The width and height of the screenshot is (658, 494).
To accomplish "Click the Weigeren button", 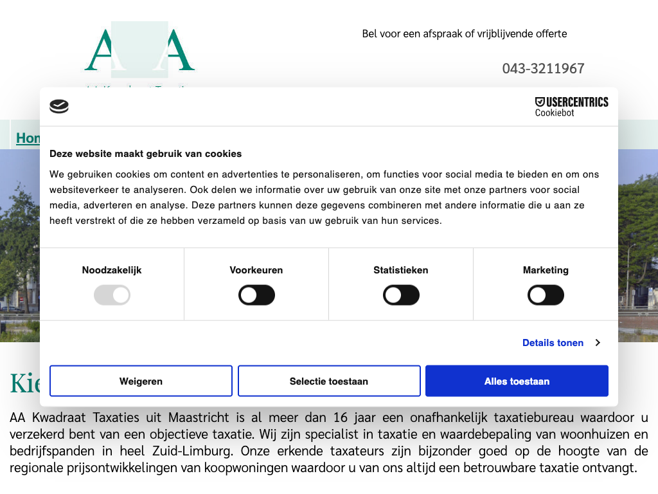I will pyautogui.click(x=141, y=381).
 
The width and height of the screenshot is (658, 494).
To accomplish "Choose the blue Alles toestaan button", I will pyautogui.click(x=517, y=381).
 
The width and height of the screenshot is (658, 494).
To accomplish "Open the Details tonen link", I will pyautogui.click(x=553, y=343).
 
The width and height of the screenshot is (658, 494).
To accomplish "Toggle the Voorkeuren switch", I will pyautogui.click(x=256, y=295).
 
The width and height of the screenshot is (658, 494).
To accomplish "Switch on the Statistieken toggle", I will pyautogui.click(x=401, y=295).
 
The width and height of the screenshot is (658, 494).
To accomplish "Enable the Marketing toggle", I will pyautogui.click(x=546, y=295).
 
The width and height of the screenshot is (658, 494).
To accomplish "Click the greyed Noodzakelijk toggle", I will pyautogui.click(x=112, y=295).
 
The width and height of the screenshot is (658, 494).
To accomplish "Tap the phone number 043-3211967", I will pyautogui.click(x=543, y=68).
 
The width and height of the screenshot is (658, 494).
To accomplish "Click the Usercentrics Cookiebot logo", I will pyautogui.click(x=571, y=106).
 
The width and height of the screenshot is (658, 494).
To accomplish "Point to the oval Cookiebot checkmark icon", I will pyautogui.click(x=59, y=106).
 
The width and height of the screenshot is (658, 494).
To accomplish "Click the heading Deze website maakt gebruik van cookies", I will pyautogui.click(x=146, y=154).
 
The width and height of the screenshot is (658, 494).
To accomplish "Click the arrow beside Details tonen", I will pyautogui.click(x=598, y=343).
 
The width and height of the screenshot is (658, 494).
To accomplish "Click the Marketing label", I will pyautogui.click(x=546, y=270).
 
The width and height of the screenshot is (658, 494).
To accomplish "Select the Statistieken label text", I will pyautogui.click(x=401, y=270).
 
